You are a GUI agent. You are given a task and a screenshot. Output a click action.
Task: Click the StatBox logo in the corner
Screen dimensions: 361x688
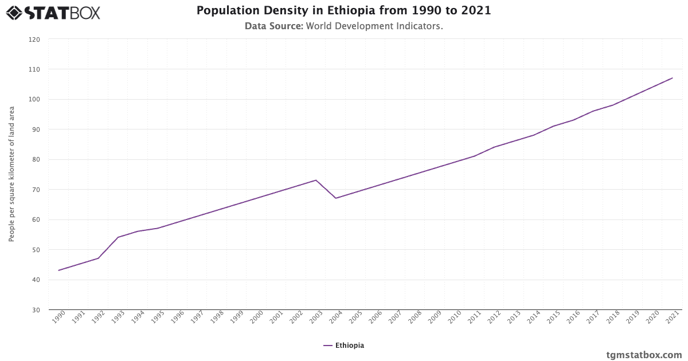coord(53,12)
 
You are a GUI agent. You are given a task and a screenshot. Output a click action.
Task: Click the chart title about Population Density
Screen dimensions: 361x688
coord(343,11)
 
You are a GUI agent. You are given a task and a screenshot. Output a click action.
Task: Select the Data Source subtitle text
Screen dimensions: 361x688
coord(343,26)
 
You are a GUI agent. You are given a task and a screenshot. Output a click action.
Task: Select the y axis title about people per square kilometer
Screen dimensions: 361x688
coord(11,174)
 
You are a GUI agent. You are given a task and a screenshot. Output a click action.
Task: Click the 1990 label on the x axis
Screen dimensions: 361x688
coord(58,318)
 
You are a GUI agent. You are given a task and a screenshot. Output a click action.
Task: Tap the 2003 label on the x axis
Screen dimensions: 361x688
coord(315,318)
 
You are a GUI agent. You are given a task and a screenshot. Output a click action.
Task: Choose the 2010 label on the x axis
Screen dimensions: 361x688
coord(454,318)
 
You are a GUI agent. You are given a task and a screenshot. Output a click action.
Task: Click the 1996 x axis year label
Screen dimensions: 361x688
coord(177,318)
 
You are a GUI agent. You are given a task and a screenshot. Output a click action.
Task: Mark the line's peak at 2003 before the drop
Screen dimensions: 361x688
coord(316,180)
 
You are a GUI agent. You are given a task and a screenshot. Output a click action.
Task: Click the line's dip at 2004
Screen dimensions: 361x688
coord(336,198)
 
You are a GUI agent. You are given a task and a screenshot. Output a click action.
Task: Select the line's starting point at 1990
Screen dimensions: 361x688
coord(58,270)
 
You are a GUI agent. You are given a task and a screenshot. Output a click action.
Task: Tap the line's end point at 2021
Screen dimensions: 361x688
coord(673,78)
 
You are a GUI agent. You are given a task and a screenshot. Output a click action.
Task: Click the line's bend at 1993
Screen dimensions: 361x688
coord(118,237)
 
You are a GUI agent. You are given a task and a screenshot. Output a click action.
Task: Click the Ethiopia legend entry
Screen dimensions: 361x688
coord(344,346)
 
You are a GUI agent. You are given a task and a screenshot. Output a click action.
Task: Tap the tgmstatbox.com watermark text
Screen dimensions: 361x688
coord(644,355)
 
